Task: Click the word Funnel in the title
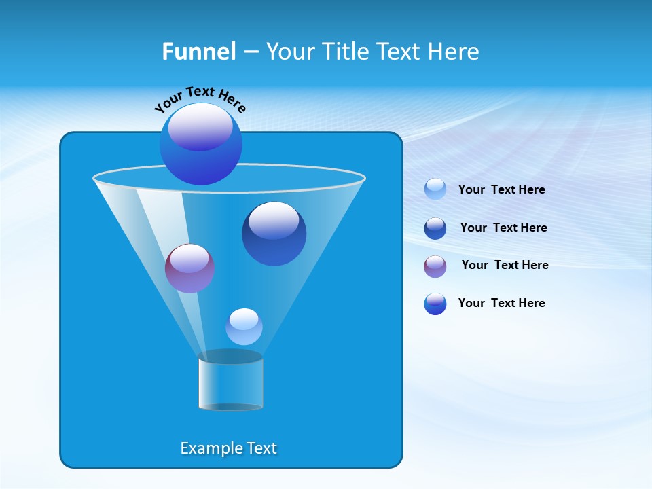[199, 52]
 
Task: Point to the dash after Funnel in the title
[251, 52]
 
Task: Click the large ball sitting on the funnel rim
[201, 144]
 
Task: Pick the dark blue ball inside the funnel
[274, 234]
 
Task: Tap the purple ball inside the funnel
[189, 268]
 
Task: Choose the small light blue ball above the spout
[244, 327]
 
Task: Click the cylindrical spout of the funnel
[231, 383]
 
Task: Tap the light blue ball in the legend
[435, 189]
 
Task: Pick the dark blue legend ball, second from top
[435, 228]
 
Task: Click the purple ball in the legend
[435, 266]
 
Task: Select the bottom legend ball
[435, 304]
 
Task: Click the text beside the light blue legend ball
[501, 189]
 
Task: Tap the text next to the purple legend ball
[505, 265]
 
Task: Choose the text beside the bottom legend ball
[501, 303]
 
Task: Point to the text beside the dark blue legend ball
[503, 228]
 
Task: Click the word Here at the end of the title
[454, 52]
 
